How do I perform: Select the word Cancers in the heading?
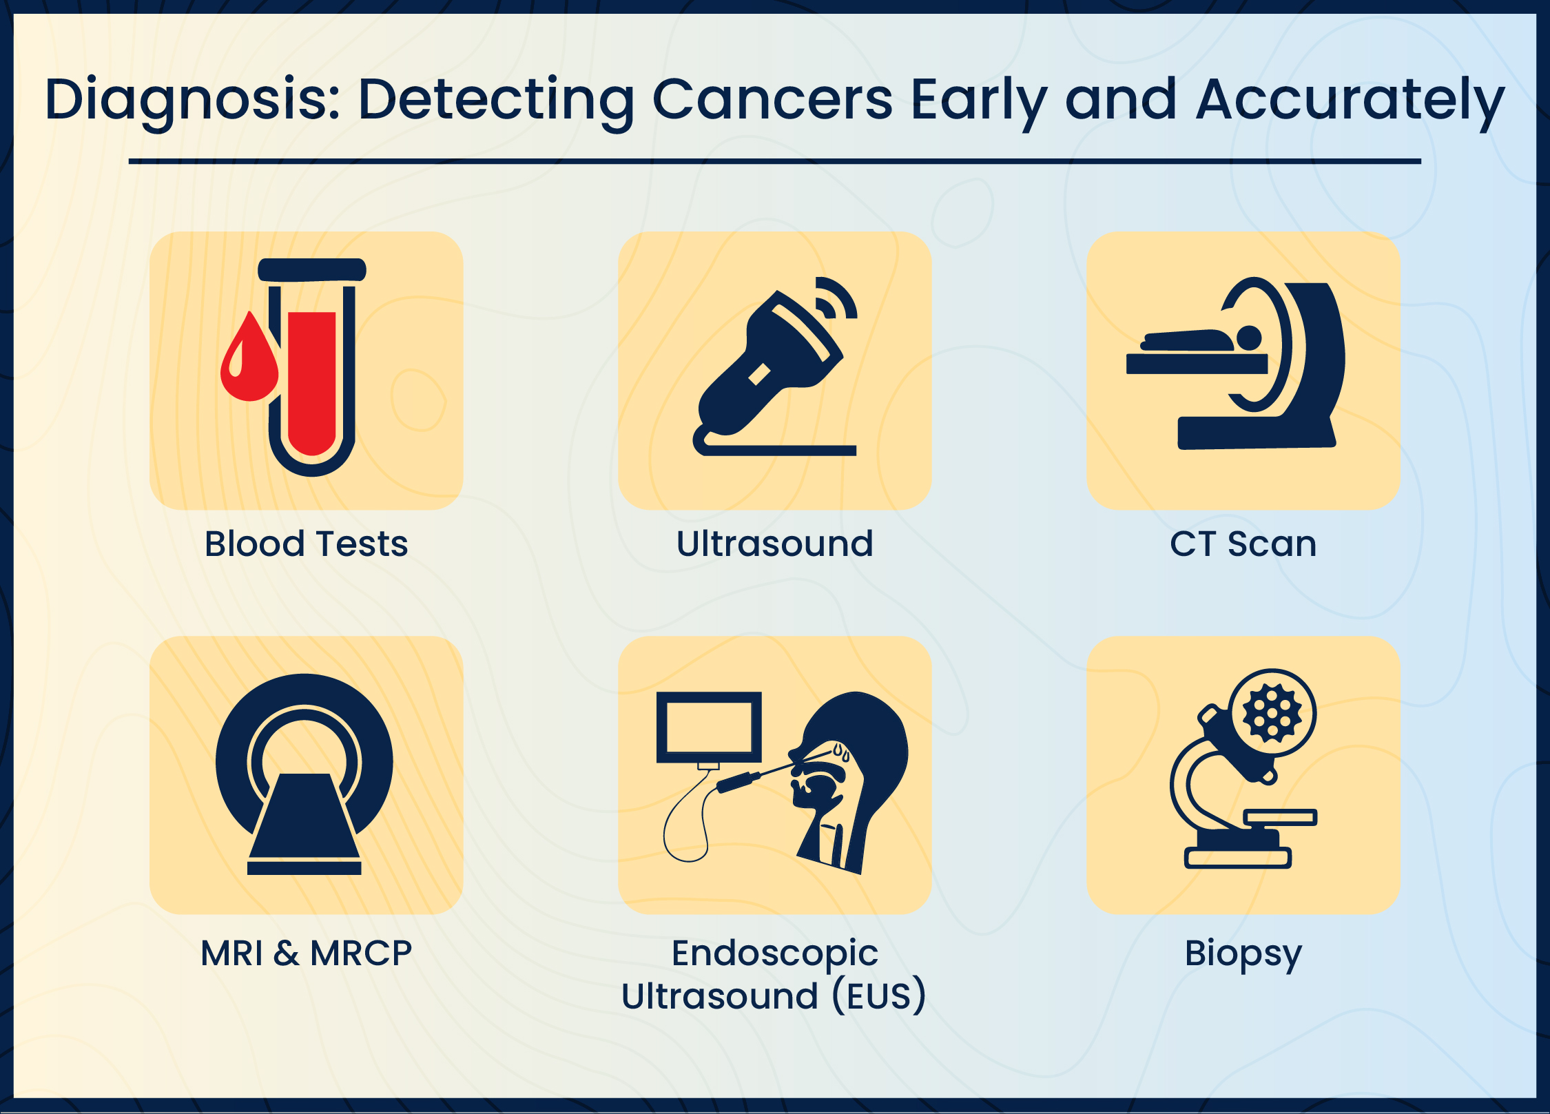point(772,100)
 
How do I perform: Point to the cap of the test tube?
point(312,269)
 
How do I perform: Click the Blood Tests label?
point(307,544)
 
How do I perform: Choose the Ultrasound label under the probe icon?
point(775,544)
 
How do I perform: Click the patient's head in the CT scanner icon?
point(1249,338)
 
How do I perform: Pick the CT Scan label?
point(1243,544)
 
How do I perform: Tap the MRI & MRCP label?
point(307,953)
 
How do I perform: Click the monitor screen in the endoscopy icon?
point(709,727)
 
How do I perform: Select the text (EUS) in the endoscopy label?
point(879,996)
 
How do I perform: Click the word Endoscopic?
point(775,954)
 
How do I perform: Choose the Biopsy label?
point(1243,954)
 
